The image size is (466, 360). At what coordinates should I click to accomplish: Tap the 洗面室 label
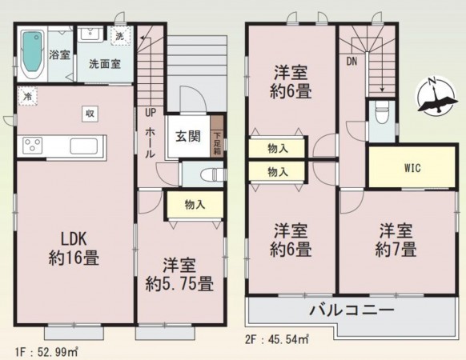pyautogui.click(x=104, y=63)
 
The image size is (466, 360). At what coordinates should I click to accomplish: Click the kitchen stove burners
pyautogui.click(x=33, y=146)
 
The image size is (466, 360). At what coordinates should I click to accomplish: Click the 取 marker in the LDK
pyautogui.click(x=90, y=113)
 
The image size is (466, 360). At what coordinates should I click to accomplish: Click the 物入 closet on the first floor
pyautogui.click(x=193, y=205)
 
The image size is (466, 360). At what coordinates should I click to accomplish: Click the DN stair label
pyautogui.click(x=352, y=61)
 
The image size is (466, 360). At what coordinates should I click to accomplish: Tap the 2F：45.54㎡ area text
pyautogui.click(x=277, y=339)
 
